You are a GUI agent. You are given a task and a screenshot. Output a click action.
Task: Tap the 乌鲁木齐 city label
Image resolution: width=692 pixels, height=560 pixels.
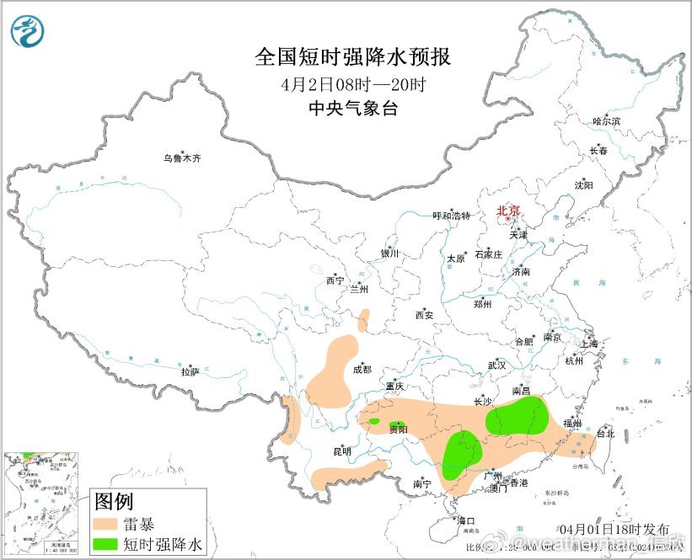pyautogui.click(x=182, y=158)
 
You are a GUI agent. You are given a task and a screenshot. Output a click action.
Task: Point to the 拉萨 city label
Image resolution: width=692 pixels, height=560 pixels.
pyautogui.click(x=189, y=371)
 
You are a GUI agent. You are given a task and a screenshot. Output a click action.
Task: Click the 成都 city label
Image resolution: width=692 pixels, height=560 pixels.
pyautogui.click(x=362, y=370)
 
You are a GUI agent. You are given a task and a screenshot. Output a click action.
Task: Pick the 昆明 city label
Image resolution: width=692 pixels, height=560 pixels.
pyautogui.click(x=341, y=452)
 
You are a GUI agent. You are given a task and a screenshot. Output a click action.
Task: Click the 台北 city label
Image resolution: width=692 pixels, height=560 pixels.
pyautogui.click(x=605, y=435)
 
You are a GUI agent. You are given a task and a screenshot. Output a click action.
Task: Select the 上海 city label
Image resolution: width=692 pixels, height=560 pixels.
pyautogui.click(x=588, y=344)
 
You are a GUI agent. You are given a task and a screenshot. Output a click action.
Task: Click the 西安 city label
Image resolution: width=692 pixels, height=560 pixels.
pyautogui.click(x=423, y=316)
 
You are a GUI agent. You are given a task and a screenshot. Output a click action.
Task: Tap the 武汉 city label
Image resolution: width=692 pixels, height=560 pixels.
pyautogui.click(x=496, y=365)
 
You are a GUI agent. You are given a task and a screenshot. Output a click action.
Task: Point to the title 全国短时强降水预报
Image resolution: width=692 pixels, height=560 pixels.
pyautogui.click(x=353, y=57)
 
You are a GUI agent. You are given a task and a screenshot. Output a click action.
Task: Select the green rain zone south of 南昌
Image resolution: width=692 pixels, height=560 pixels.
pyautogui.click(x=518, y=416)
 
